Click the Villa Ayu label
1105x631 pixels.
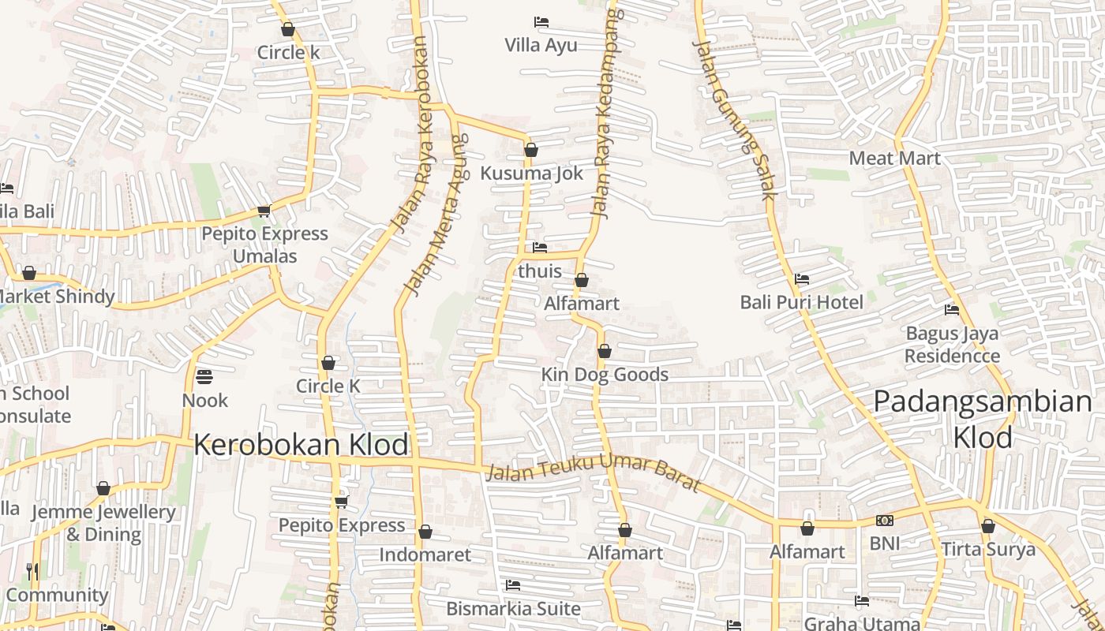pos(541,45)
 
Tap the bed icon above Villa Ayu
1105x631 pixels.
pos(541,22)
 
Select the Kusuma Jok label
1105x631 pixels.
pos(532,173)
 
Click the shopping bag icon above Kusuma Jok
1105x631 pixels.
pos(531,150)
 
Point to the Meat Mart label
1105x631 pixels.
pos(894,159)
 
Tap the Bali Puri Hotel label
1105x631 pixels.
pos(801,302)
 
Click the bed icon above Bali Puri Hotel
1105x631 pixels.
pos(801,279)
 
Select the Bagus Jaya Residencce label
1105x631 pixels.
pos(952,345)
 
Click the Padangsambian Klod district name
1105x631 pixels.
pos(983,419)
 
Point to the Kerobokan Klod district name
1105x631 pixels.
pos(302,445)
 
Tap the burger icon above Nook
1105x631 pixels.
pos(204,377)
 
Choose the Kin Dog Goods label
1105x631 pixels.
pos(605,375)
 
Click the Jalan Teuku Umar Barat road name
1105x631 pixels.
pos(593,471)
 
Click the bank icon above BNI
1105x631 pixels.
pos(884,521)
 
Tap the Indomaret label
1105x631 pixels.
pos(425,554)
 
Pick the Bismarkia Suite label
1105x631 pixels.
pos(513,609)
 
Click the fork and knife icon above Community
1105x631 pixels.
pos(32,572)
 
